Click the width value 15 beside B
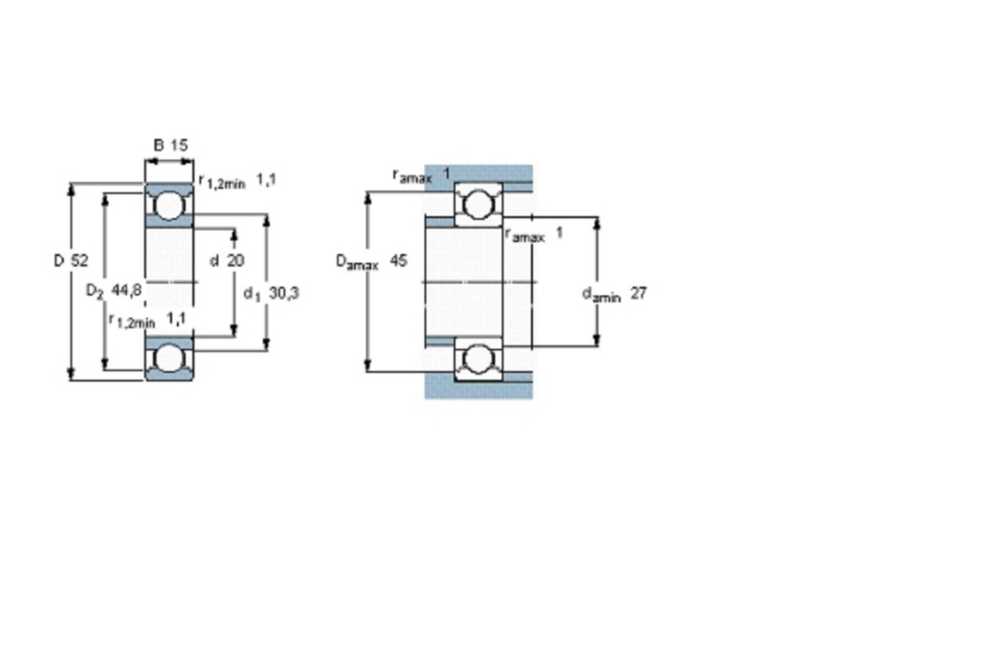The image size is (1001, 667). point(179,146)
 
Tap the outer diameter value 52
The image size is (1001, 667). point(79,260)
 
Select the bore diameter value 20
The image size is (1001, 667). point(235,260)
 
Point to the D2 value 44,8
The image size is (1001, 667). point(127,291)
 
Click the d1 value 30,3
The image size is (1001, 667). point(284,293)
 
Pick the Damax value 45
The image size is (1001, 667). point(398,260)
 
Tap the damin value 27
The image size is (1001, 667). point(639,293)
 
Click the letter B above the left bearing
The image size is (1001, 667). point(159,146)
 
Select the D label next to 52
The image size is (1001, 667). point(59,260)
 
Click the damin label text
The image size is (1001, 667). point(602,294)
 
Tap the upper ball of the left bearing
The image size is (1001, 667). point(169,205)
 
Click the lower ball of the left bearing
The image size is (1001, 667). point(169,358)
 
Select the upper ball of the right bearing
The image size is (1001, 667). point(478,205)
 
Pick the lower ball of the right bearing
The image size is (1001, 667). point(478,358)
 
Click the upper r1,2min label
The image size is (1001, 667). point(221,183)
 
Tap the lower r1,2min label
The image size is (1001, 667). point(133,321)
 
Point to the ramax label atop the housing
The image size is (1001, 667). point(413,176)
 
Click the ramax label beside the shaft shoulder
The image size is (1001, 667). point(525,235)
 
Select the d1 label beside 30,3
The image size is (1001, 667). point(253,294)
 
